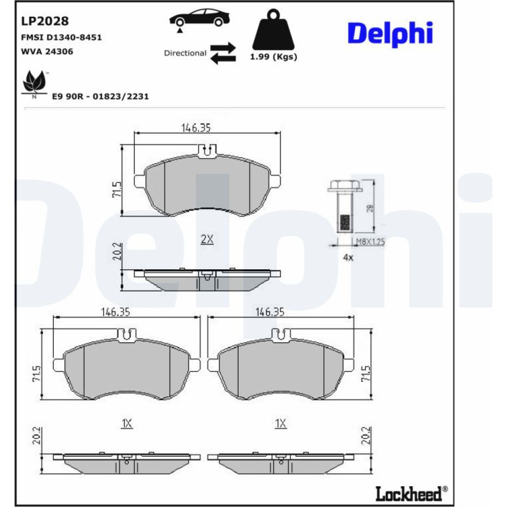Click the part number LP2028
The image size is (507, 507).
(45, 21)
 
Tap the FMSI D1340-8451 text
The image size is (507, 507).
(61, 38)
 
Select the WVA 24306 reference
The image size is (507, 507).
(47, 51)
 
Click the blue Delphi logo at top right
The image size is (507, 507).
(390, 34)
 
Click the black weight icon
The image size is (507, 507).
(273, 30)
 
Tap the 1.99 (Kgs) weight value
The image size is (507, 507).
(274, 57)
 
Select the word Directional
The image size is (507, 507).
(185, 53)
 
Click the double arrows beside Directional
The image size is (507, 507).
(223, 53)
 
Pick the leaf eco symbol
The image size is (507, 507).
(34, 83)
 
